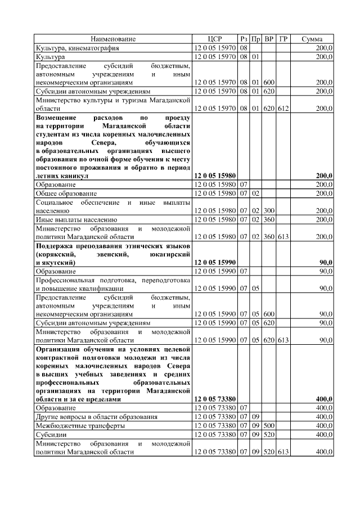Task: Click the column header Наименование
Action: tap(113, 39)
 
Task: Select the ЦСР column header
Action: tap(215, 39)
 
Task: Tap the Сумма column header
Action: tap(312, 39)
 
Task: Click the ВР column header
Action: tap(269, 39)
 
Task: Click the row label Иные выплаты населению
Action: tap(76, 219)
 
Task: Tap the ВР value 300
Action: tap(269, 210)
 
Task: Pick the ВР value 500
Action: tap(269, 426)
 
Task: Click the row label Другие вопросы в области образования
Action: tap(96, 417)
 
